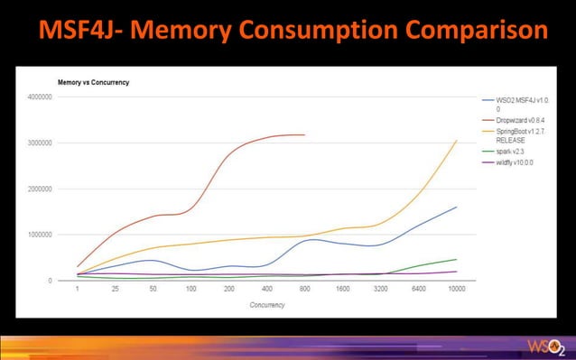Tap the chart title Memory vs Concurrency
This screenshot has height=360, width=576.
[93, 82]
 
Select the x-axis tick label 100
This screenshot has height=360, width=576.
[191, 291]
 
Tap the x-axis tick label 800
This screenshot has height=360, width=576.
[304, 291]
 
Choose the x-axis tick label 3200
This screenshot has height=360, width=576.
[380, 291]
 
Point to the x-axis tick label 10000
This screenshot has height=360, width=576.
[456, 291]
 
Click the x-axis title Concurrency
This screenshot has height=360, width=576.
[266, 305]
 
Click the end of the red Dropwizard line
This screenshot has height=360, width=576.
[305, 135]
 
